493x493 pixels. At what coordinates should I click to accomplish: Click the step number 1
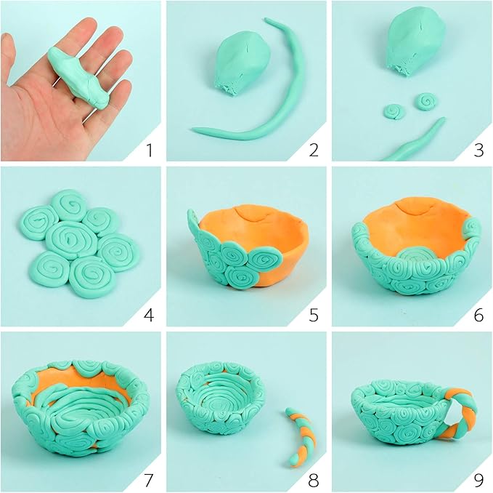[x=149, y=151]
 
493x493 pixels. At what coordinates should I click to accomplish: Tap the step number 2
[x=314, y=151]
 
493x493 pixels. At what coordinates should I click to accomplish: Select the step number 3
[x=479, y=151]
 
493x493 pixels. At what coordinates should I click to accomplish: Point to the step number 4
[x=149, y=316]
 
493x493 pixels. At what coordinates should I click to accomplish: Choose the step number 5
[x=314, y=316]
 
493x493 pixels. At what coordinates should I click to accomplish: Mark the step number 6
[x=479, y=316]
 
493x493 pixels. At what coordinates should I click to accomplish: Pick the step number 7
[x=149, y=481]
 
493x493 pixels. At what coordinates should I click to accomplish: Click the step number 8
[x=314, y=481]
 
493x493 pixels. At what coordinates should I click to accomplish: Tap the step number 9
[x=479, y=481]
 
